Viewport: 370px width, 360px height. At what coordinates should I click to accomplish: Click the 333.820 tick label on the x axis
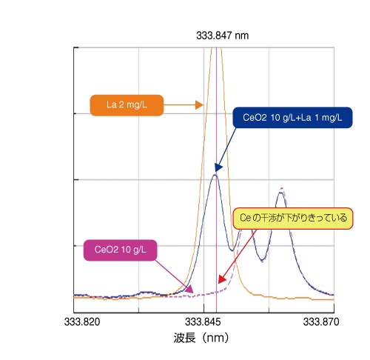(x=81, y=322)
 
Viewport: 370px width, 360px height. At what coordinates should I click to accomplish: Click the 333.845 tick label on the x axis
(x=203, y=322)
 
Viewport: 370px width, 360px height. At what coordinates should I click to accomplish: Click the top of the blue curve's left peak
(x=215, y=174)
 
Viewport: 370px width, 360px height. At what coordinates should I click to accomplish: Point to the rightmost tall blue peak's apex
(x=280, y=193)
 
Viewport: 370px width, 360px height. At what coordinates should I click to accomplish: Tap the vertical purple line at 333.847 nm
(x=216, y=222)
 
